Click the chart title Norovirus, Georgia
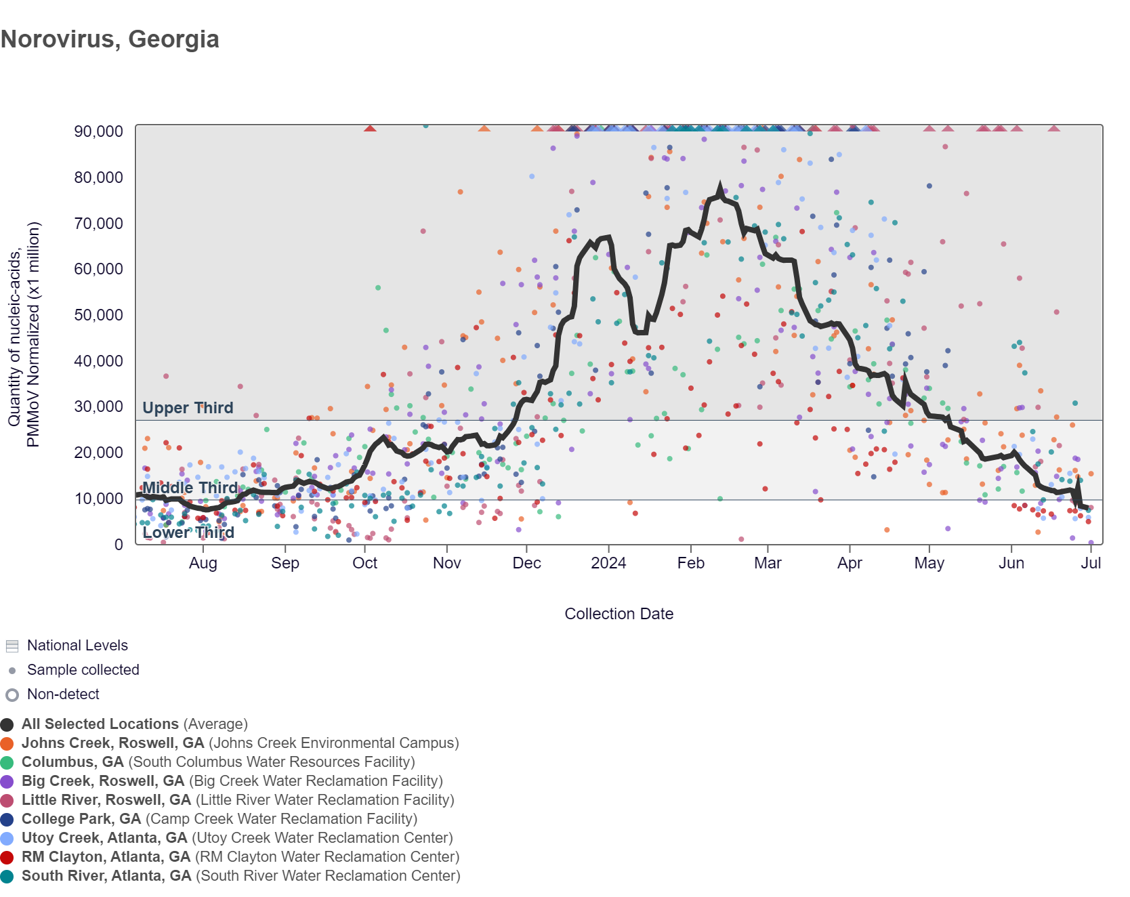[110, 39]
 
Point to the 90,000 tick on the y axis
[98, 131]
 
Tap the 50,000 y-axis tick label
[98, 315]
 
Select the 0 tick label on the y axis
[119, 545]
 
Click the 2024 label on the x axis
[608, 564]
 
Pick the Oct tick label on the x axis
[365, 564]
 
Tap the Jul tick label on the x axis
[1091, 564]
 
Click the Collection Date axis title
[619, 614]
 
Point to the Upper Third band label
[188, 408]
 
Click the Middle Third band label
[190, 488]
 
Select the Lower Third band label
[188, 533]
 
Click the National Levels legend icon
[12, 646]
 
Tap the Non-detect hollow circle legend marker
[12, 695]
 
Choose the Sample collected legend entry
[83, 670]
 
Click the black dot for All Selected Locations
[7, 725]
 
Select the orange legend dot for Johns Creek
[7, 744]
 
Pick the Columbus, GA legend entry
[72, 762]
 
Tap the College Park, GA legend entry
[81, 819]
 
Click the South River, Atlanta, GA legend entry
[106, 876]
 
